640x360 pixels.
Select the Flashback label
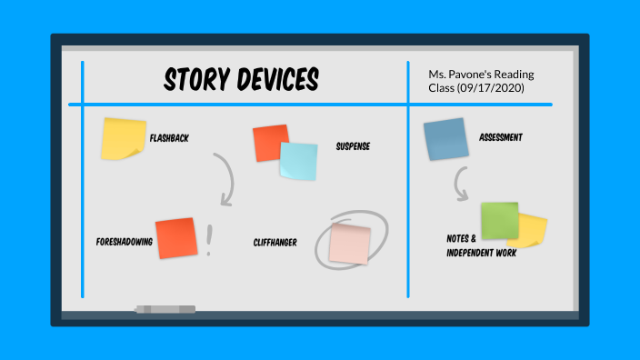pyautogui.click(x=169, y=138)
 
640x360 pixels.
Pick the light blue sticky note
pyautogui.click(x=299, y=162)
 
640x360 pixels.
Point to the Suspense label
pyautogui.click(x=353, y=145)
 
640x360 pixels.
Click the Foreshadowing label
pyautogui.click(x=124, y=243)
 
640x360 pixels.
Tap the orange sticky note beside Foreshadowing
pyautogui.click(x=176, y=238)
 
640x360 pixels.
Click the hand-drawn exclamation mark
pyautogui.click(x=211, y=240)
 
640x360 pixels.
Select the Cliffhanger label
pyautogui.click(x=275, y=243)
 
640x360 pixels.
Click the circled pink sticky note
pyautogui.click(x=350, y=243)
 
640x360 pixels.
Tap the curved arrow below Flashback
pyautogui.click(x=225, y=179)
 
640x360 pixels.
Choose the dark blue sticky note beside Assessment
pyautogui.click(x=445, y=139)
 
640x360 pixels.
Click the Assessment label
pyautogui.click(x=501, y=138)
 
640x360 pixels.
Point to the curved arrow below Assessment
pyautogui.click(x=460, y=187)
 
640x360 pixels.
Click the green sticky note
pyautogui.click(x=499, y=220)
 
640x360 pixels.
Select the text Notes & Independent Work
pyautogui.click(x=481, y=245)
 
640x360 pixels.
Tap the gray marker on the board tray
pyautogui.click(x=165, y=309)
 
